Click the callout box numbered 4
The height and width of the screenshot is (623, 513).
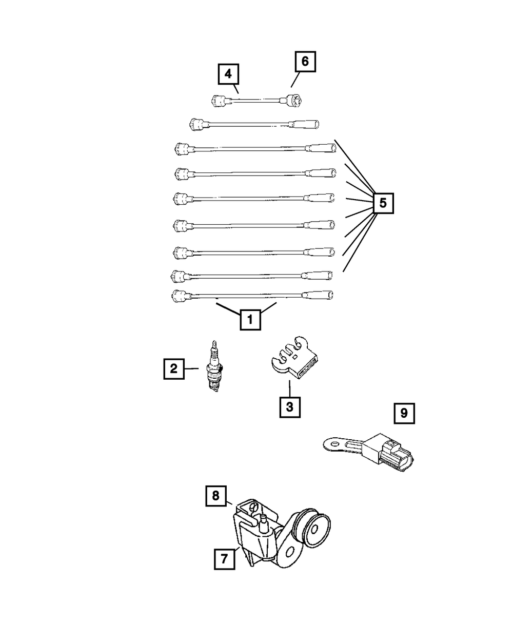click(228, 74)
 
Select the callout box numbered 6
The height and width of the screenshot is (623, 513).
click(305, 62)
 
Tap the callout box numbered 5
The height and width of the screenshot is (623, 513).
click(383, 204)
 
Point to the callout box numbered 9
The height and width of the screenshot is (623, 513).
click(404, 414)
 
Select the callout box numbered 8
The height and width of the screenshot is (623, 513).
click(215, 495)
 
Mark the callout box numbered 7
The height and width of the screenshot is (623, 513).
click(224, 559)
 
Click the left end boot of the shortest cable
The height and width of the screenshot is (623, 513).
click(219, 101)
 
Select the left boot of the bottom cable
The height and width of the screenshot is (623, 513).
click(179, 296)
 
